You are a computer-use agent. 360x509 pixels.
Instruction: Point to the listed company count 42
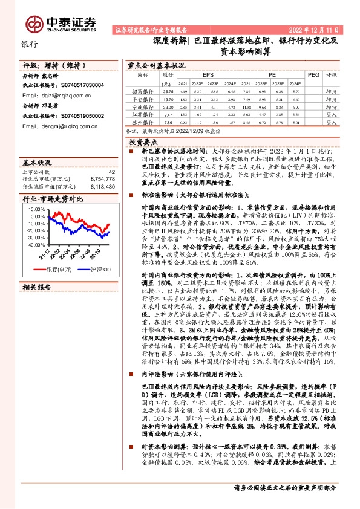(x=111, y=189)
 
